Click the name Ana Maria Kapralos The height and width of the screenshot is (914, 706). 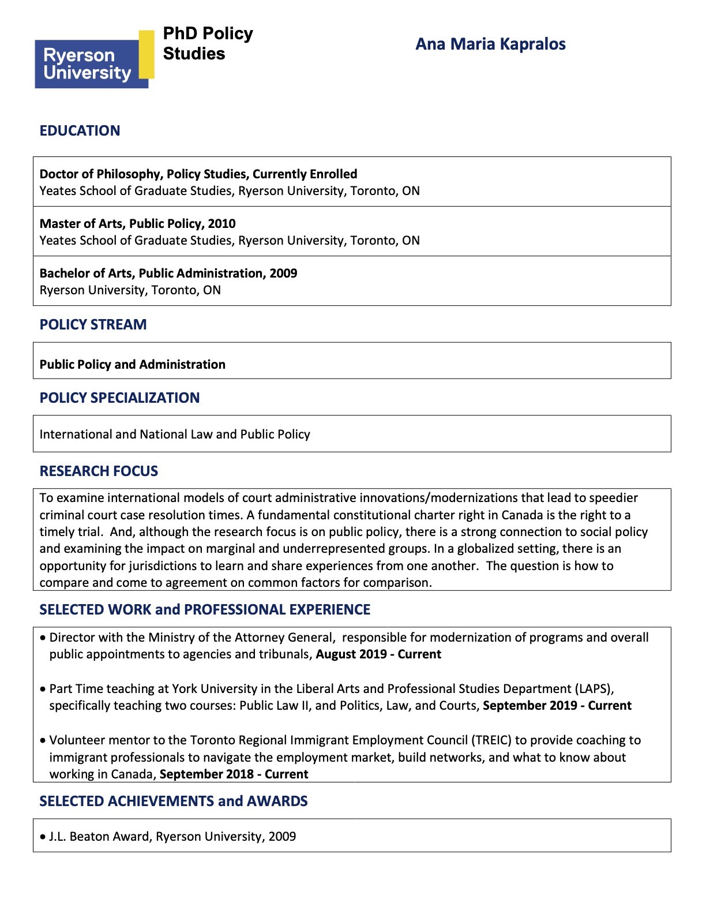490,44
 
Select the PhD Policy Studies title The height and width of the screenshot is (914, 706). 208,43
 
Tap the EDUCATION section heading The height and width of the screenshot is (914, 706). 80,131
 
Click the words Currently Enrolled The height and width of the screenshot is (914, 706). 305,174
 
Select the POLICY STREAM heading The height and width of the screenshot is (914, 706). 93,325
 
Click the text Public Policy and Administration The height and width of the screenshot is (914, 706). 132,365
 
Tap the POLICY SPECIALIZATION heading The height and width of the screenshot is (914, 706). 119,398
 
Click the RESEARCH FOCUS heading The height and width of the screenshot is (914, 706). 99,471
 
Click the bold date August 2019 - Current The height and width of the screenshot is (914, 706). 378,654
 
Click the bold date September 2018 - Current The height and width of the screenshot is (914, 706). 234,774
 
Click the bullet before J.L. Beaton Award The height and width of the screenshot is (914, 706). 43,837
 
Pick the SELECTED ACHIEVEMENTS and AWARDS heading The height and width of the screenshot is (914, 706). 173,801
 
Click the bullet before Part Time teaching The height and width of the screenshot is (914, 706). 43,690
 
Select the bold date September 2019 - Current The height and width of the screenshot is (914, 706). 557,706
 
